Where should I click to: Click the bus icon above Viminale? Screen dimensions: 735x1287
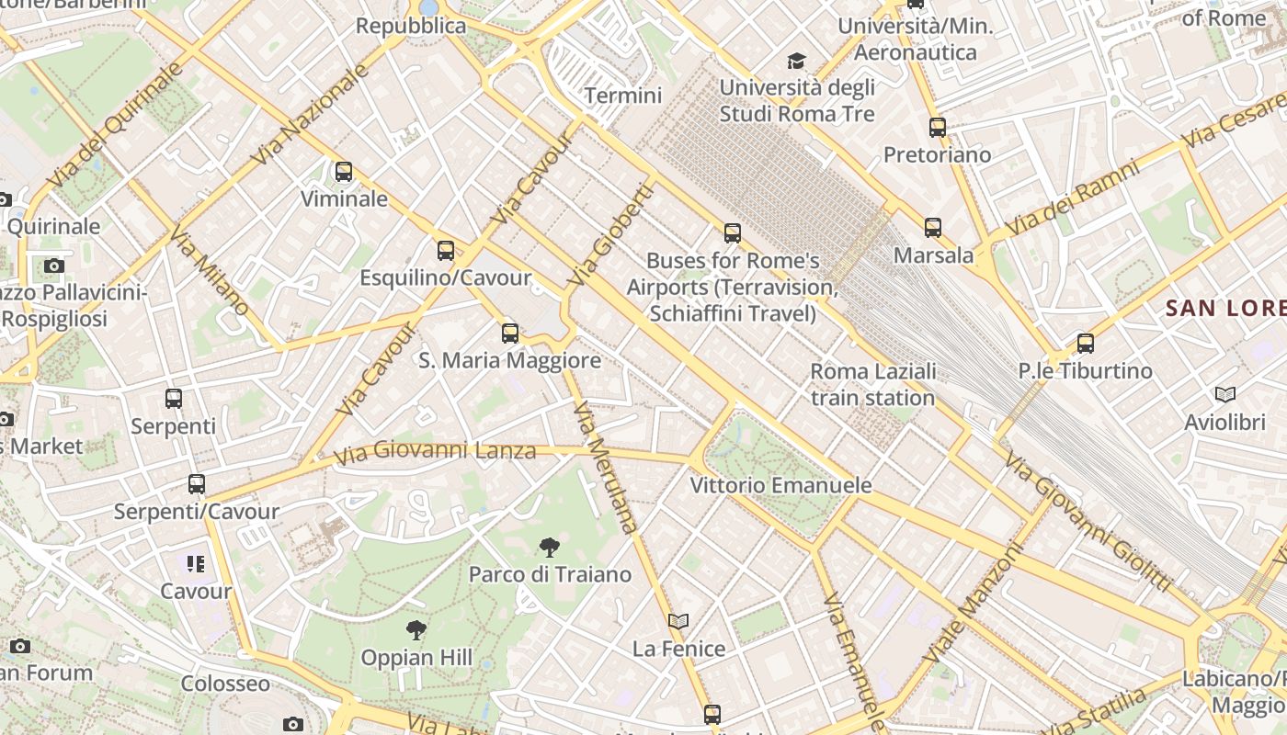344,172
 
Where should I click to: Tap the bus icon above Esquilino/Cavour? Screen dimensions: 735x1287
446,250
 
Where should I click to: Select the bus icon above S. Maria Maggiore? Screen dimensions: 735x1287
510,334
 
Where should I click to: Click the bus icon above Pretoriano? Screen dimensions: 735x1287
938,128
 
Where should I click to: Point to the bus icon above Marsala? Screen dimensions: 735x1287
933,228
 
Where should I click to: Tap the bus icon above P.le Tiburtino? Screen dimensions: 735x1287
1086,344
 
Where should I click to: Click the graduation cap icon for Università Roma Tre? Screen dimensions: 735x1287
796,62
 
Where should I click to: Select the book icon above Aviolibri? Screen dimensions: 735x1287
1225,395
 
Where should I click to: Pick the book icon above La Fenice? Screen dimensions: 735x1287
678,622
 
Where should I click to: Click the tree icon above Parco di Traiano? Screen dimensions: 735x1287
549,548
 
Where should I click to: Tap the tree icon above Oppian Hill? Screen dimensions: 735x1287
416,630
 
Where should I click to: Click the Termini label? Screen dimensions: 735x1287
623,96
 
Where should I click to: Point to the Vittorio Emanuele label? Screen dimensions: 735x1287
780,485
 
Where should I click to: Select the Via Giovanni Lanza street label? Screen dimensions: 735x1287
435,452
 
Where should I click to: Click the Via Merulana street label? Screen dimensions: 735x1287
604,468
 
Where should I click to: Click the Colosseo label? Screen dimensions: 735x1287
225,684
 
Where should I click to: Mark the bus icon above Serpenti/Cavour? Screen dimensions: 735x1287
197,484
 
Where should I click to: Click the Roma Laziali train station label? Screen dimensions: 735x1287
872,385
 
